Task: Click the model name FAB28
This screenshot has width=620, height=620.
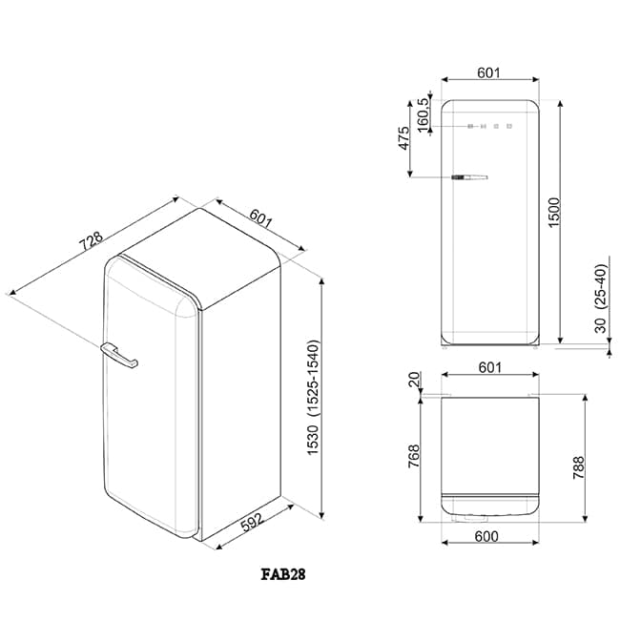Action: click(x=284, y=575)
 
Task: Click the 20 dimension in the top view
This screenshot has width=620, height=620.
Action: click(x=414, y=382)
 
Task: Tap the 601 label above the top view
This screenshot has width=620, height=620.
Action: click(x=489, y=367)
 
